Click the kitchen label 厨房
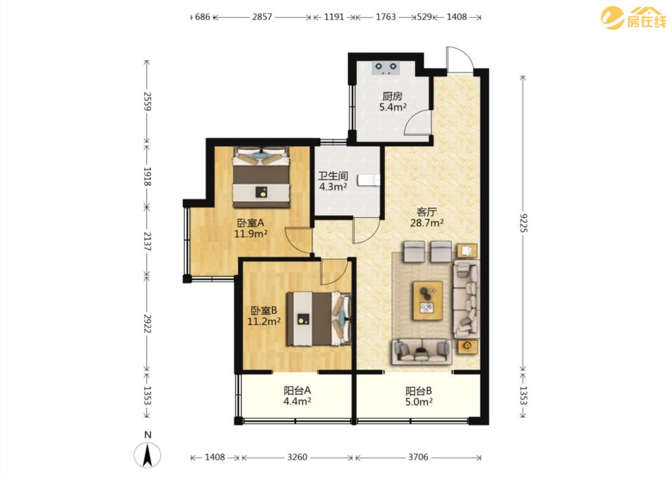(x=392, y=96)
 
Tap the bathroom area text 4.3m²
(x=333, y=187)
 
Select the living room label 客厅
(x=427, y=212)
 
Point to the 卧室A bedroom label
(x=251, y=223)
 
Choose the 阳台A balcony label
(x=297, y=391)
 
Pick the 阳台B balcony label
(x=419, y=391)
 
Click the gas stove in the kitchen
(x=386, y=68)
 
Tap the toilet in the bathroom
(x=369, y=180)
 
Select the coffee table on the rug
(x=428, y=301)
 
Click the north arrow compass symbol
(x=148, y=455)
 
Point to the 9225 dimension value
(x=523, y=223)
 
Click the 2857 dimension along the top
(x=262, y=17)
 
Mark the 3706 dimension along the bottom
(x=418, y=457)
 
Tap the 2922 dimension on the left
(x=148, y=323)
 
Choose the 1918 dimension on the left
(x=148, y=176)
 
